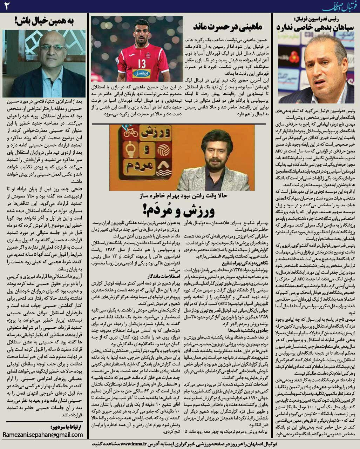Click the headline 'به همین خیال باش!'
[x=44, y=21]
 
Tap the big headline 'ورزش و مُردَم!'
[x=182, y=210]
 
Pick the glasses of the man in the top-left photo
[x=53, y=47]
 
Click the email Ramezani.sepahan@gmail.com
[x=43, y=435]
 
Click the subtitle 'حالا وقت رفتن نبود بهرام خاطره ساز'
[x=182, y=195]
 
